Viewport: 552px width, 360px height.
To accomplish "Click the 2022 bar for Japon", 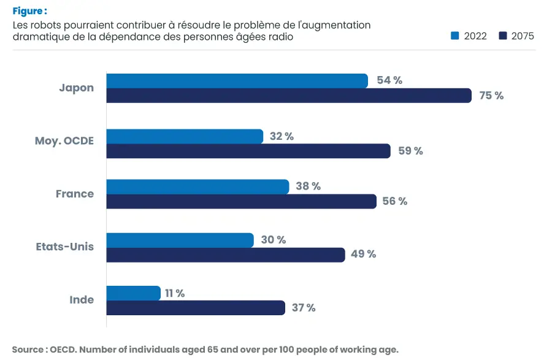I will [237, 80].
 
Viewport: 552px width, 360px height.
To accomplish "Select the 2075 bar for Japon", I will [289, 96].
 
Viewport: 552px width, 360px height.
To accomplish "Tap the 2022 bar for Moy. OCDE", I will [185, 136].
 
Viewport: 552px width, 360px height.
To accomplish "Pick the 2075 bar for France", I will [241, 201].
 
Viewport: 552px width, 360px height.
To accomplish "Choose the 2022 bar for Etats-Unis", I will [180, 240].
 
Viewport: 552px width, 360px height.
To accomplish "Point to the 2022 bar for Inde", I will [133, 293].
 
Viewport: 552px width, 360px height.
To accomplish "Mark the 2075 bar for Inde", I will [196, 308].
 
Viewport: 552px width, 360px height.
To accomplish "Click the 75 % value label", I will [491, 96].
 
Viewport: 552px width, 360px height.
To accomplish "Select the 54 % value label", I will [389, 80].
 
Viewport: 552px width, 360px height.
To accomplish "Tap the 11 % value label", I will [175, 293].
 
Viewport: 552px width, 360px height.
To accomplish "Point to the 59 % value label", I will [410, 151].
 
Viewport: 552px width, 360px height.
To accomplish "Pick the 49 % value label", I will [364, 255].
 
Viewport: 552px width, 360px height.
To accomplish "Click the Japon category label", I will [77, 88].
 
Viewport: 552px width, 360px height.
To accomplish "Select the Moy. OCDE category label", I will [64, 141].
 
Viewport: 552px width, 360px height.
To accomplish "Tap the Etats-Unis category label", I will [65, 247].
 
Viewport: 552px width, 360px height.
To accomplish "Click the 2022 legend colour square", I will [455, 36].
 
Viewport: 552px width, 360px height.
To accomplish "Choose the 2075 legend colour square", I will [503, 36].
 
